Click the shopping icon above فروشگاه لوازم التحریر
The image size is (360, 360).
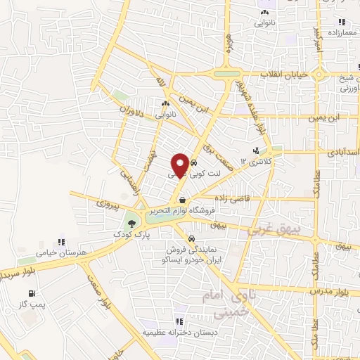click(182, 200)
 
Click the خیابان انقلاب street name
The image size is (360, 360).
click(284, 74)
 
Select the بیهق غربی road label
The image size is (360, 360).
click(279, 231)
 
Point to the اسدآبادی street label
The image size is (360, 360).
click(342, 152)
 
